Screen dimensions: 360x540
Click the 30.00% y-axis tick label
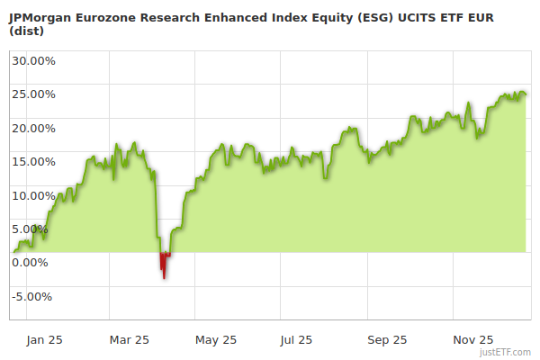pos(33,61)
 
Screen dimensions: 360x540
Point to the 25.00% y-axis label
pos(33,94)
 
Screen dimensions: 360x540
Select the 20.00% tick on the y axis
pos(33,128)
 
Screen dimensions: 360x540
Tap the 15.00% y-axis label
pos(33,162)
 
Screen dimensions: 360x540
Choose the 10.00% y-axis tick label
pos(33,195)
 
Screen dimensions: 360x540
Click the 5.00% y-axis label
pos(30,229)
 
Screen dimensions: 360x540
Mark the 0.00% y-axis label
pos(30,263)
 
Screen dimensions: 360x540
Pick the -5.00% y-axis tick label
pos(31,297)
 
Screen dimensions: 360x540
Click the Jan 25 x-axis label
pos(44,340)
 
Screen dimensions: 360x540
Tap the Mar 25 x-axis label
pos(130,340)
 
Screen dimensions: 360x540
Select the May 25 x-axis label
pos(216,340)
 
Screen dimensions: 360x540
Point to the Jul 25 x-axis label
pos(295,340)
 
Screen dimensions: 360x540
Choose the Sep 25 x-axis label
pos(387,340)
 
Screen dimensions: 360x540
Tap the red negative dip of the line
pos(164,264)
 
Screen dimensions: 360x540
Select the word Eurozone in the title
pos(110,15)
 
